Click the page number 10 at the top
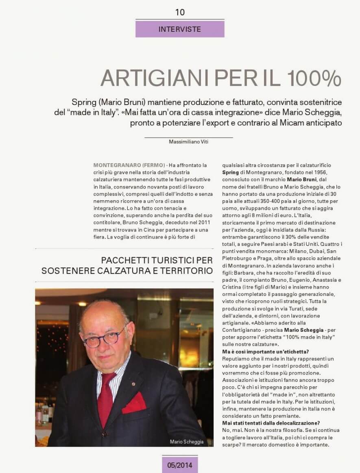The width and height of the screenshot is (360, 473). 180,12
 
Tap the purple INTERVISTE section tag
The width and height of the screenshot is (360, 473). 180,29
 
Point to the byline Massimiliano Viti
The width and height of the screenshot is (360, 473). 188,142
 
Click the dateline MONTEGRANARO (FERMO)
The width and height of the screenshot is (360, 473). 129,165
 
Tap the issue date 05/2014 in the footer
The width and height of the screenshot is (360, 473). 180,464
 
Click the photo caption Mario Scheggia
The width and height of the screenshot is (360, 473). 186,442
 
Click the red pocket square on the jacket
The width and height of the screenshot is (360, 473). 135,403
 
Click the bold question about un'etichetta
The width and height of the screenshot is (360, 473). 265,352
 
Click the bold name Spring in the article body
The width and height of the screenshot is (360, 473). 230,173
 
